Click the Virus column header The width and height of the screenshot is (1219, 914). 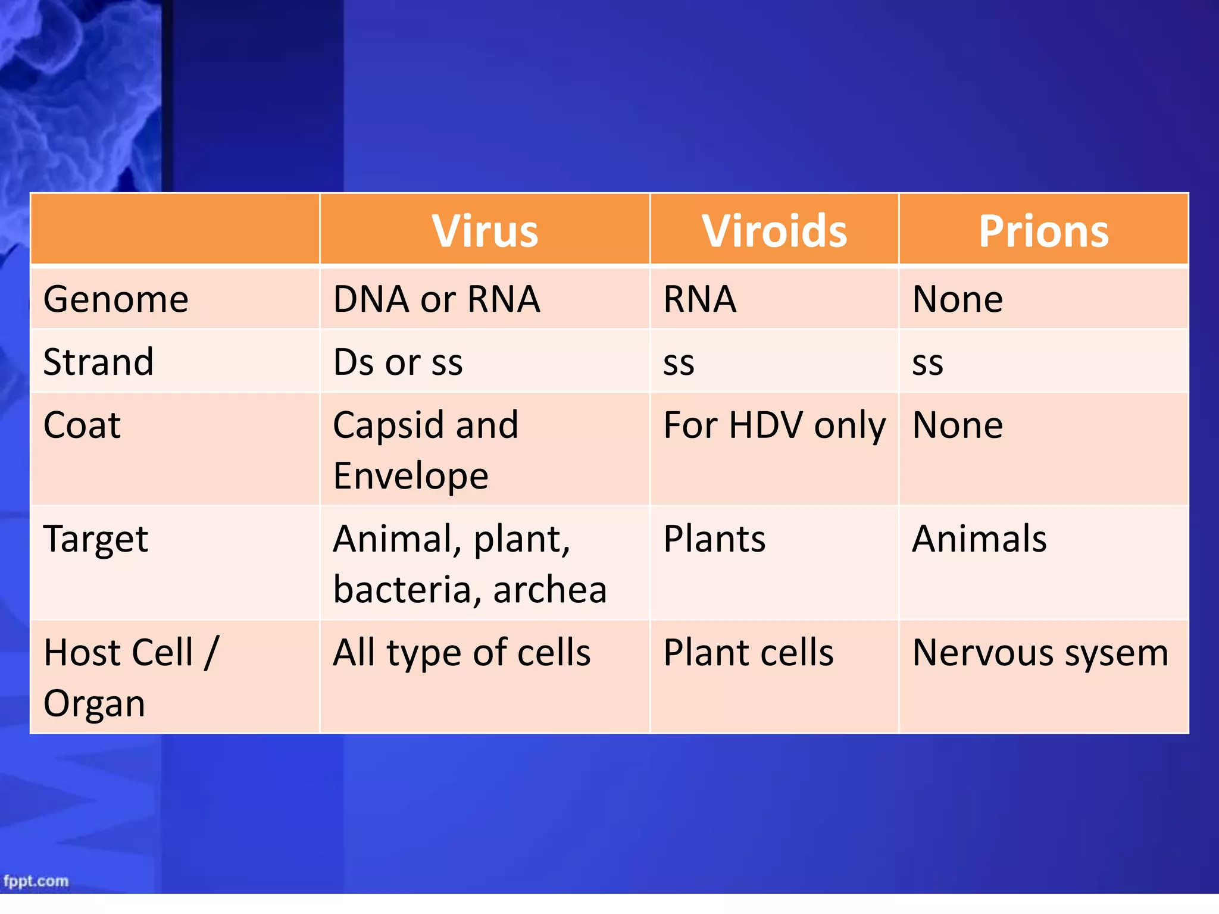(485, 231)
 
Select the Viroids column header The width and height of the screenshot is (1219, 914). (774, 231)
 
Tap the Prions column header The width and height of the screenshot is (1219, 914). (1043, 231)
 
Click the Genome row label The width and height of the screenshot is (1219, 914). (116, 299)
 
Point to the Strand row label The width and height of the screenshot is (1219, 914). (99, 362)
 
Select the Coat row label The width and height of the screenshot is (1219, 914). (82, 425)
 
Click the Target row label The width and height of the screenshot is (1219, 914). (96, 540)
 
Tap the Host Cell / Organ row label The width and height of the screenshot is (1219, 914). (131, 677)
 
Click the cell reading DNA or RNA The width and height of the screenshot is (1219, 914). (436, 299)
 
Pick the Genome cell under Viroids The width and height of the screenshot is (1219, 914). (700, 299)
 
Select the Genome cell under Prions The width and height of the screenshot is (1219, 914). (957, 299)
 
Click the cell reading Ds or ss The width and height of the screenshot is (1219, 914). (398, 362)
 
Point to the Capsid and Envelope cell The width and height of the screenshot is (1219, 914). (425, 450)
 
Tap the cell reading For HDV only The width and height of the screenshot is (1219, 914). (774, 426)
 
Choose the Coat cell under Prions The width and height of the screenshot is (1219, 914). (957, 425)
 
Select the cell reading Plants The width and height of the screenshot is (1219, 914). (714, 539)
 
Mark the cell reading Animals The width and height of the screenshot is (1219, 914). (979, 539)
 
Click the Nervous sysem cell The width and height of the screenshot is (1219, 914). (1040, 653)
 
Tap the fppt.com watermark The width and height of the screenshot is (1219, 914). (36, 881)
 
